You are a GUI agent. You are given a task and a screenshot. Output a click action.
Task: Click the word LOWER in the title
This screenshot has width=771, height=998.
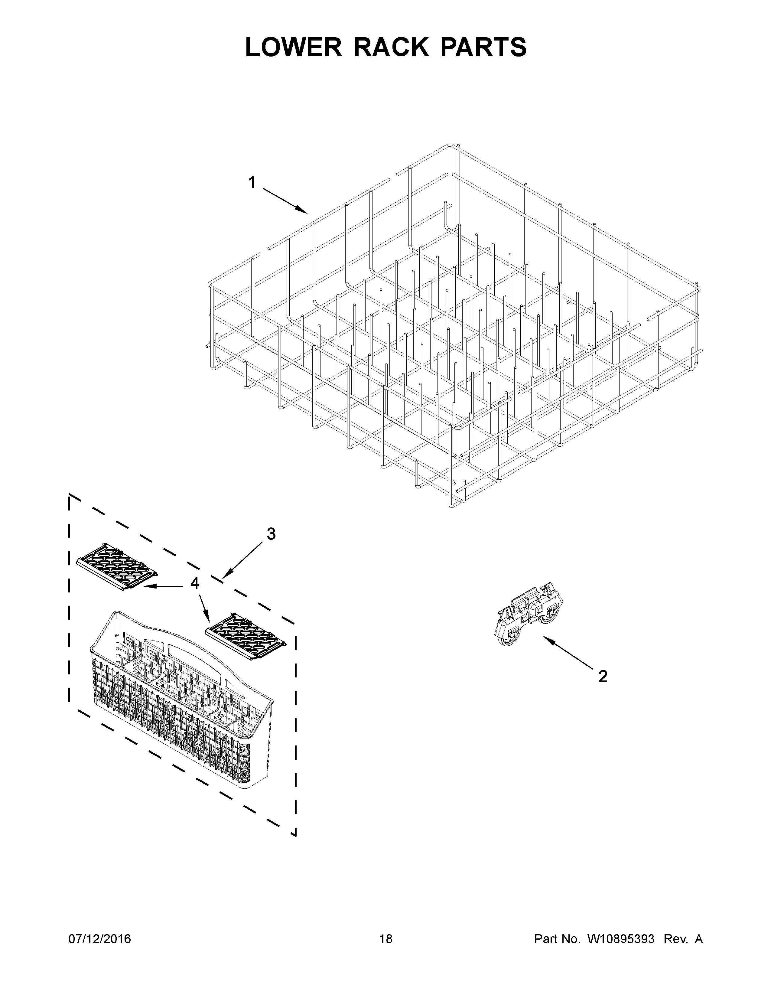[x=293, y=47]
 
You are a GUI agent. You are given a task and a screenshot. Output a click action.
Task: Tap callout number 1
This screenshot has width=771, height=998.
[x=252, y=183]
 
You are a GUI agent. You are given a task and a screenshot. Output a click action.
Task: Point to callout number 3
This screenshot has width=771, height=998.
[x=271, y=534]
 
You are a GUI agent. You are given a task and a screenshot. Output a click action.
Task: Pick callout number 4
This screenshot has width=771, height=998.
[x=195, y=583]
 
